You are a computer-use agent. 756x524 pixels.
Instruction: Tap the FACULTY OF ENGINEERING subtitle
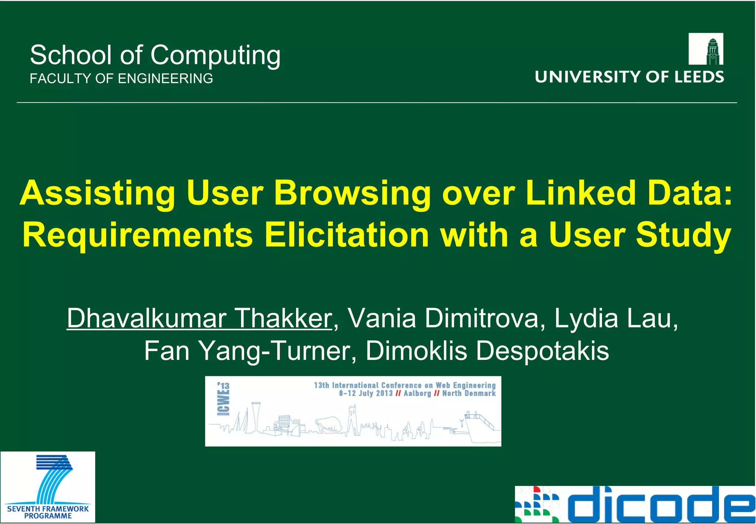tap(121, 78)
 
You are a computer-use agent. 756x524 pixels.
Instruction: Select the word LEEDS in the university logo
tap(699, 77)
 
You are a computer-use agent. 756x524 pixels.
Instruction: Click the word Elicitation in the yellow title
tap(347, 235)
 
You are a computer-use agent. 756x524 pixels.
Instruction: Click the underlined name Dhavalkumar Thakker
tap(199, 318)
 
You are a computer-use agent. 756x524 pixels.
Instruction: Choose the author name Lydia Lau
tap(616, 318)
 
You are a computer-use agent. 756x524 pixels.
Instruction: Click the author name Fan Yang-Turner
tap(247, 351)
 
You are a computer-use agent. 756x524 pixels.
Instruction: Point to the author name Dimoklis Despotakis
tap(487, 351)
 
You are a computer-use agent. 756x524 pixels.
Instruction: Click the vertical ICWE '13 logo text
tap(224, 399)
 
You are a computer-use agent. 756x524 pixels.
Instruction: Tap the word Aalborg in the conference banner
tap(417, 394)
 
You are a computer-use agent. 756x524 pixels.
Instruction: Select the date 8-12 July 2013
tap(365, 394)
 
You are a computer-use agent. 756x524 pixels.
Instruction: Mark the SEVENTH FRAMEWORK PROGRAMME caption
tap(48, 512)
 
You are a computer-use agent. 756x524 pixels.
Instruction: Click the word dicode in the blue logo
tap(661, 505)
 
